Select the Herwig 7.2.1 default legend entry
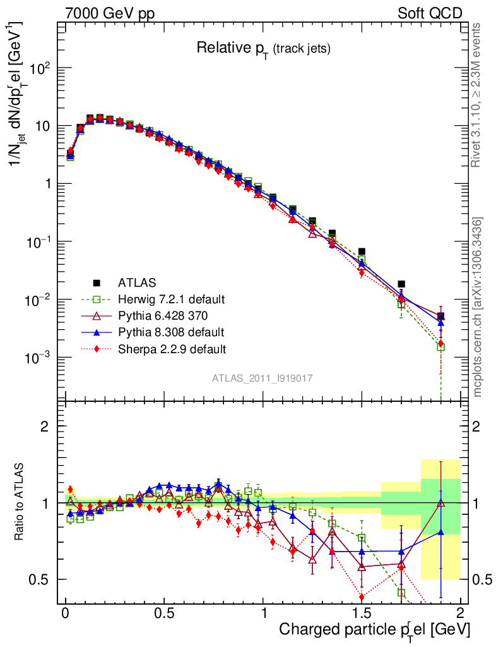pos(171,299)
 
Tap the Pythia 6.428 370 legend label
pos(168,315)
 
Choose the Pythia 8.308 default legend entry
pos(170,332)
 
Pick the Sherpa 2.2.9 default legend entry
pos(172,348)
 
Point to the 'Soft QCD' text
pos(430,13)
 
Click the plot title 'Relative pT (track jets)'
pos(263,47)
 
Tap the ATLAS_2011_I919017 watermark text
pos(263,378)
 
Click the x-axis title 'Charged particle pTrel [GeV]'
pos(374,629)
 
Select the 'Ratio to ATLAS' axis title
pos(21,502)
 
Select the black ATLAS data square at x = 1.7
pos(401,284)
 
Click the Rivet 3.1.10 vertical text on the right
pos(478,95)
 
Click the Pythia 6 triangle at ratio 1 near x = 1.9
pos(440,503)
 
